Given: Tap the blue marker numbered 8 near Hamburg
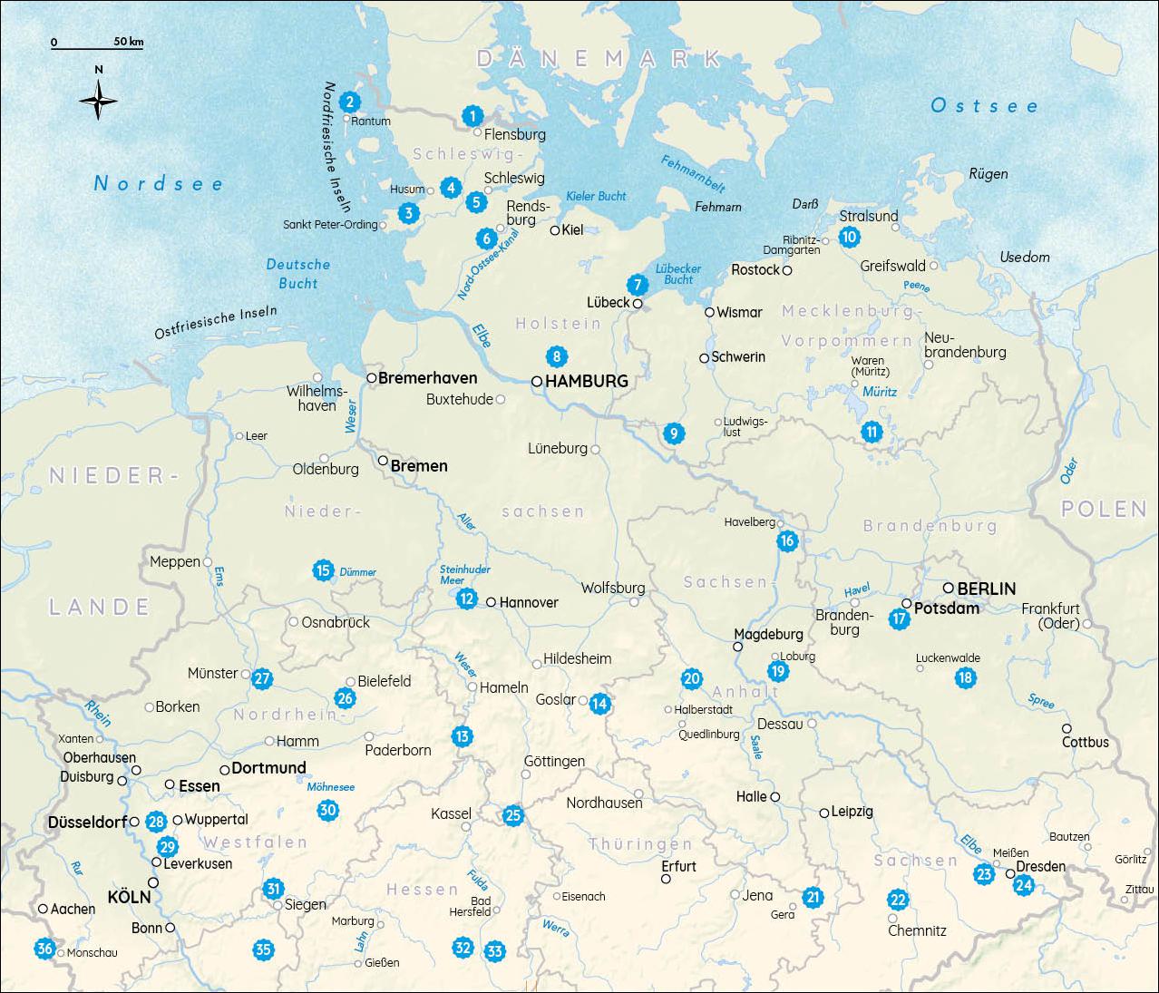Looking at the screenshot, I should pyautogui.click(x=556, y=356).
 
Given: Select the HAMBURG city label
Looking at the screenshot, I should pyautogui.click(x=586, y=382).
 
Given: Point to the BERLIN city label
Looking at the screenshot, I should pyautogui.click(x=986, y=589).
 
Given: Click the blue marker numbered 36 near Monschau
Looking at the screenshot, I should pyautogui.click(x=44, y=949).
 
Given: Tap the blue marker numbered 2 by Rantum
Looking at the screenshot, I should pyautogui.click(x=349, y=102).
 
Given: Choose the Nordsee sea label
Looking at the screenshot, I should pyautogui.click(x=159, y=184).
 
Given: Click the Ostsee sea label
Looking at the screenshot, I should pyautogui.click(x=984, y=106).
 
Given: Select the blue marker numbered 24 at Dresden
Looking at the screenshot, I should pyautogui.click(x=1024, y=885).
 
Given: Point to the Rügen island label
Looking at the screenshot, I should pyautogui.click(x=988, y=174).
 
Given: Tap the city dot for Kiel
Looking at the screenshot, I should pyautogui.click(x=555, y=230).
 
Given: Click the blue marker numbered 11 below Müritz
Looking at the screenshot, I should pyautogui.click(x=872, y=432).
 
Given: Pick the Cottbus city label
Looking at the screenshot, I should pyautogui.click(x=1086, y=742).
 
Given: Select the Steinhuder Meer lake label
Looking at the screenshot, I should pyautogui.click(x=464, y=575).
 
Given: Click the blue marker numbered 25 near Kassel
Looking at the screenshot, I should pyautogui.click(x=513, y=815).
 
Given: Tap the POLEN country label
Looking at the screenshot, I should pyautogui.click(x=1104, y=509).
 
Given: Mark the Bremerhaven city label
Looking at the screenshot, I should pyautogui.click(x=426, y=377).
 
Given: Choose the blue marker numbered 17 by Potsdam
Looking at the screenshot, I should pyautogui.click(x=899, y=619).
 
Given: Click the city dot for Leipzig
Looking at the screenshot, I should pyautogui.click(x=824, y=813).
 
